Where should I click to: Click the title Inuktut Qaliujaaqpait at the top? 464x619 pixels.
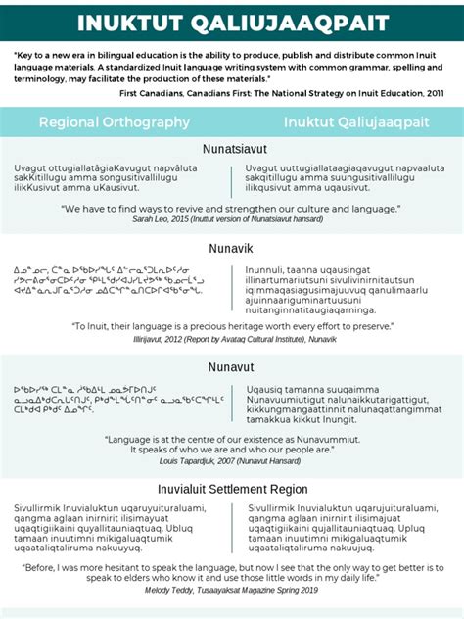point(232,23)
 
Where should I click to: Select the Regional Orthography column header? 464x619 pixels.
point(115,122)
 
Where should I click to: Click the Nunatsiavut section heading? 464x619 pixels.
point(232,150)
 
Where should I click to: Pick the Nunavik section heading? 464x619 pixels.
point(232,248)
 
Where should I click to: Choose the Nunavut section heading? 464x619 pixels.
point(232,365)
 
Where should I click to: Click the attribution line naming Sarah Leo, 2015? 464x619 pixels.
point(232,221)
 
